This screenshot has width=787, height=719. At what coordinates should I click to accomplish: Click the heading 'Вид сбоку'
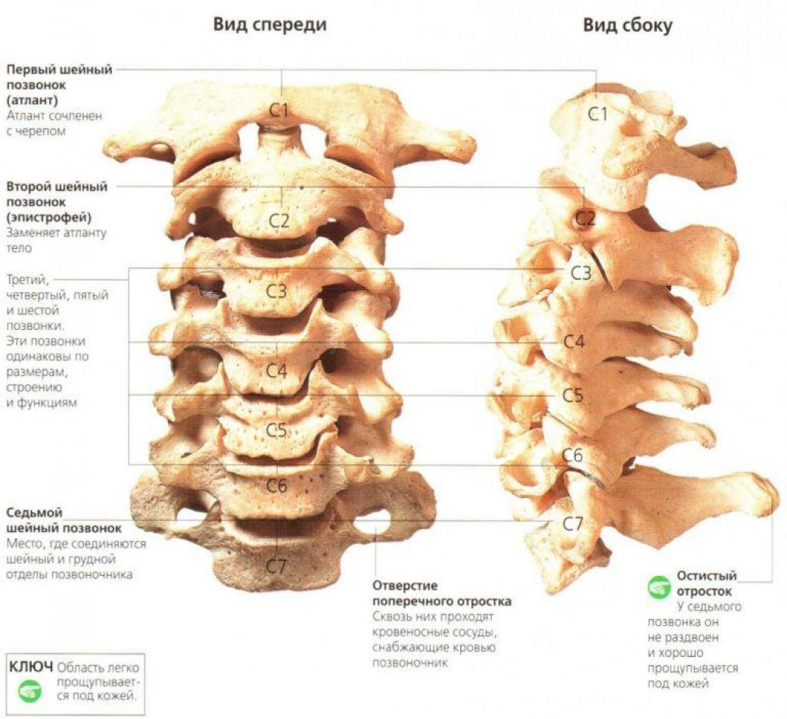pos(627,25)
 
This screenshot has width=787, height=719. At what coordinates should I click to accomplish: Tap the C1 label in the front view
pos(280,110)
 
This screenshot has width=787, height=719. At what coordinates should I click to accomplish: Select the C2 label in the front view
pos(280,221)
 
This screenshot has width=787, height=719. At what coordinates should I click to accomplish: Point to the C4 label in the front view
pos(277,372)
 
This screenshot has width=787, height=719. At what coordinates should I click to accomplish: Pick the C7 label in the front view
pos(277,565)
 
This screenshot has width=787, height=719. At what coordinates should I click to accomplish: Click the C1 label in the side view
pos(599,114)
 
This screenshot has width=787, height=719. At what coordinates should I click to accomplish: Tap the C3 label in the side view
pos(580,274)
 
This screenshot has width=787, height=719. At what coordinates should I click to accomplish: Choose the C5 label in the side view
pos(573,395)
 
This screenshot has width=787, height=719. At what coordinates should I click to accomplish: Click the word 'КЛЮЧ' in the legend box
pos(30,667)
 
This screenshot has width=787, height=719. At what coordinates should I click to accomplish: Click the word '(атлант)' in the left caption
pos(31,101)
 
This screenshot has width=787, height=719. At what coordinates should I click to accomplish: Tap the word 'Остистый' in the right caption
pos(706,577)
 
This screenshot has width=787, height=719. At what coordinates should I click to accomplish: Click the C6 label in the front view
pos(277,486)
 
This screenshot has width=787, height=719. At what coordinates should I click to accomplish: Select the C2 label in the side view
pos(586,219)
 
